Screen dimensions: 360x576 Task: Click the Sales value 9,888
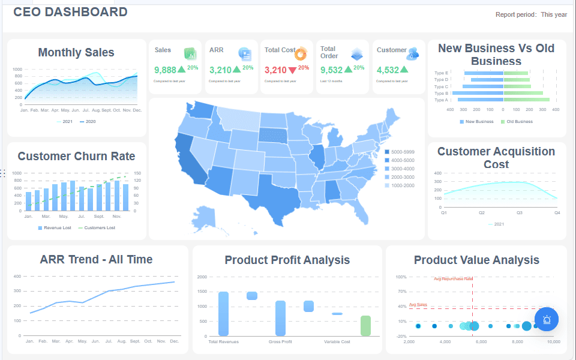pos(165,70)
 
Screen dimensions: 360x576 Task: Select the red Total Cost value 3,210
pos(275,70)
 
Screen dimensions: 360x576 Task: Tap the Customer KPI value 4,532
pos(388,70)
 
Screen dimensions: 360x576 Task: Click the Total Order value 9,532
pos(332,70)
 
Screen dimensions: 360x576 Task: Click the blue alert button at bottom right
pos(547,319)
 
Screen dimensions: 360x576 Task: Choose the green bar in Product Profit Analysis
pos(365,325)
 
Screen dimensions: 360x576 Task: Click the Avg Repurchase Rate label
pos(453,279)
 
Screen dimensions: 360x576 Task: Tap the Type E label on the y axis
pos(441,73)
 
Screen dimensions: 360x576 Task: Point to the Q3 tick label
pos(520,212)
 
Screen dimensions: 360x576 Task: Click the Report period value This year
pos(554,15)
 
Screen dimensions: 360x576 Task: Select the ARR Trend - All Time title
pos(96,260)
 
